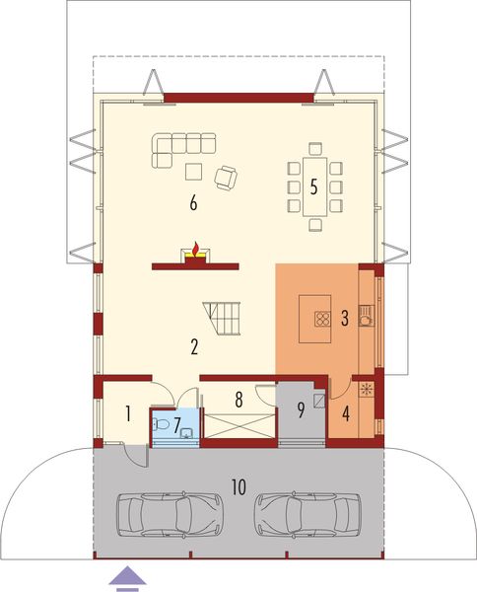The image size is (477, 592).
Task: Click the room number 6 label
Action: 193,204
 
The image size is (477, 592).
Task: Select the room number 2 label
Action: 195,346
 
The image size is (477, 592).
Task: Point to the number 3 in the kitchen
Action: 345,318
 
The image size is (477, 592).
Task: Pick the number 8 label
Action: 238,400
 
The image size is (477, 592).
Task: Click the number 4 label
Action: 346,413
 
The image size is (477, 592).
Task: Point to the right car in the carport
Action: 307,514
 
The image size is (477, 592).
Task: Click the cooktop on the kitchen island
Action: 320,318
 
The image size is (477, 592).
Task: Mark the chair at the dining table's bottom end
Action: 314,224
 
